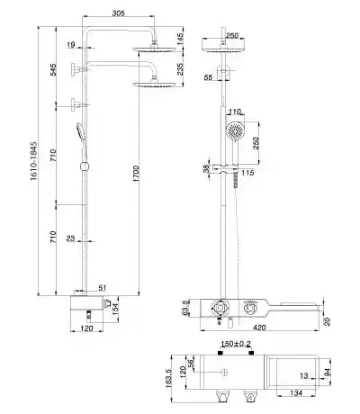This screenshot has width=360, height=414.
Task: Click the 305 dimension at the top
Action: (118, 13)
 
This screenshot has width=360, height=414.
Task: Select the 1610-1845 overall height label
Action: (34, 161)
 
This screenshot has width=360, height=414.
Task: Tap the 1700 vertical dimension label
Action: (136, 174)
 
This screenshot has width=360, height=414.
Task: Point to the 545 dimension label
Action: (53, 69)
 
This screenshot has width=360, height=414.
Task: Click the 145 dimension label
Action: (179, 40)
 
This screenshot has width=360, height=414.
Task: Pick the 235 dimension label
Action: (179, 69)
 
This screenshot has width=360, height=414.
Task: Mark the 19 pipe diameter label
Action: (71, 45)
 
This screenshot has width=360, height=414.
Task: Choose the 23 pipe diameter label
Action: (70, 238)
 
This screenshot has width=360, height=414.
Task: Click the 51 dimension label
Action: (103, 288)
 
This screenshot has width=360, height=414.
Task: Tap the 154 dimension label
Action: (115, 310)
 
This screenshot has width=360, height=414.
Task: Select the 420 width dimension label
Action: (259, 328)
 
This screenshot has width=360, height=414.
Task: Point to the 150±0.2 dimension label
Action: (236, 344)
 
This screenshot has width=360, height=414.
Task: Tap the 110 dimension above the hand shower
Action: (235, 112)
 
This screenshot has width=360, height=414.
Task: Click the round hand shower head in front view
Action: (235, 131)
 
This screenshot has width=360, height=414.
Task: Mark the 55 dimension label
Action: (208, 77)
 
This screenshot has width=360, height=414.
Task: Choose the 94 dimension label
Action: (328, 372)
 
